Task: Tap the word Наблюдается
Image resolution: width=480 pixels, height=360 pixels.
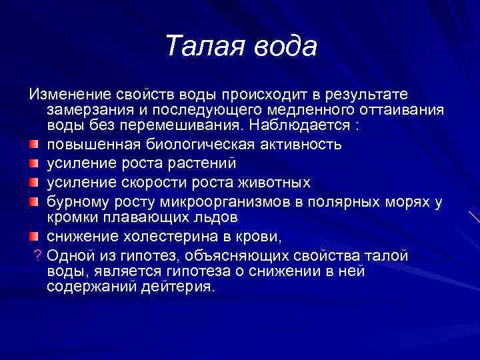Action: click(305, 125)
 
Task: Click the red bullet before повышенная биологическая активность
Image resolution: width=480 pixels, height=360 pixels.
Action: click(33, 144)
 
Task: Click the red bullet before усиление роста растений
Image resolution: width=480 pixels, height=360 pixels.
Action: click(33, 163)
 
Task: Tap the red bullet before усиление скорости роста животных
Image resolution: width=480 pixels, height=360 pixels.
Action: click(33, 182)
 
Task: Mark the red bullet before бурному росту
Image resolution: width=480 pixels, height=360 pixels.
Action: click(33, 201)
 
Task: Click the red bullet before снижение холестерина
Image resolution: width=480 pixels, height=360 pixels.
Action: click(33, 237)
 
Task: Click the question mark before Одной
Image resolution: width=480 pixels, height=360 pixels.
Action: click(38, 257)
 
